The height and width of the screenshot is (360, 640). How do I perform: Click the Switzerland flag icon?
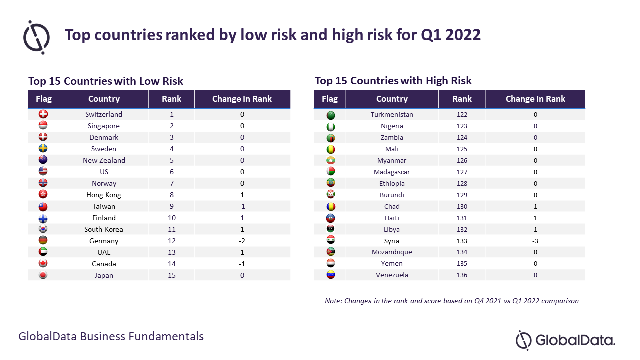tap(43, 114)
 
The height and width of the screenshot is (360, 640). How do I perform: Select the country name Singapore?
tap(103, 126)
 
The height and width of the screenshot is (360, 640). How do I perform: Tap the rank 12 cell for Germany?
tap(171, 241)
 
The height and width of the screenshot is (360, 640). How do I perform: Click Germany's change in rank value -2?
tap(242, 241)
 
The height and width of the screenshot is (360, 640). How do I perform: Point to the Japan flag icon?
tap(43, 275)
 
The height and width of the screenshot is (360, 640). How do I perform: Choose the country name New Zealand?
tap(104, 160)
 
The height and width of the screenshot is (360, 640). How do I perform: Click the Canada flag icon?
tap(43, 263)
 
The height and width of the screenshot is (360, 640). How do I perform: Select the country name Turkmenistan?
tap(392, 114)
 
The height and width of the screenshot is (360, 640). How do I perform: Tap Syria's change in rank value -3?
tap(535, 241)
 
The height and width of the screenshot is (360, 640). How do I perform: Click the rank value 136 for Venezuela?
tap(462, 275)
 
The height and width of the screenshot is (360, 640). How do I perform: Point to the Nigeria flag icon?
tap(331, 127)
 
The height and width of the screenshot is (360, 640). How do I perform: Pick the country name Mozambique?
tap(392, 252)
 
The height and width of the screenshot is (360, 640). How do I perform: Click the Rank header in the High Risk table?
tap(462, 99)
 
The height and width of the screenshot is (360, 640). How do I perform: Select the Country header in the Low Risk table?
tap(104, 99)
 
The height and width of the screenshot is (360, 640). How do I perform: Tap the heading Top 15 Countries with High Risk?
tap(393, 81)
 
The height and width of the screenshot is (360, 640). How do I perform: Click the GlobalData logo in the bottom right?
tap(565, 340)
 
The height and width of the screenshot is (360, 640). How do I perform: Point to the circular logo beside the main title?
tap(37, 37)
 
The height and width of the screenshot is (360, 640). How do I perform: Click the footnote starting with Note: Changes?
tap(451, 301)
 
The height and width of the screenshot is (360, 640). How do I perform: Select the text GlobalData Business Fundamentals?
tap(111, 336)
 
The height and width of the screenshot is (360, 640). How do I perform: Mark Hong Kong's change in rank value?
tap(242, 195)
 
